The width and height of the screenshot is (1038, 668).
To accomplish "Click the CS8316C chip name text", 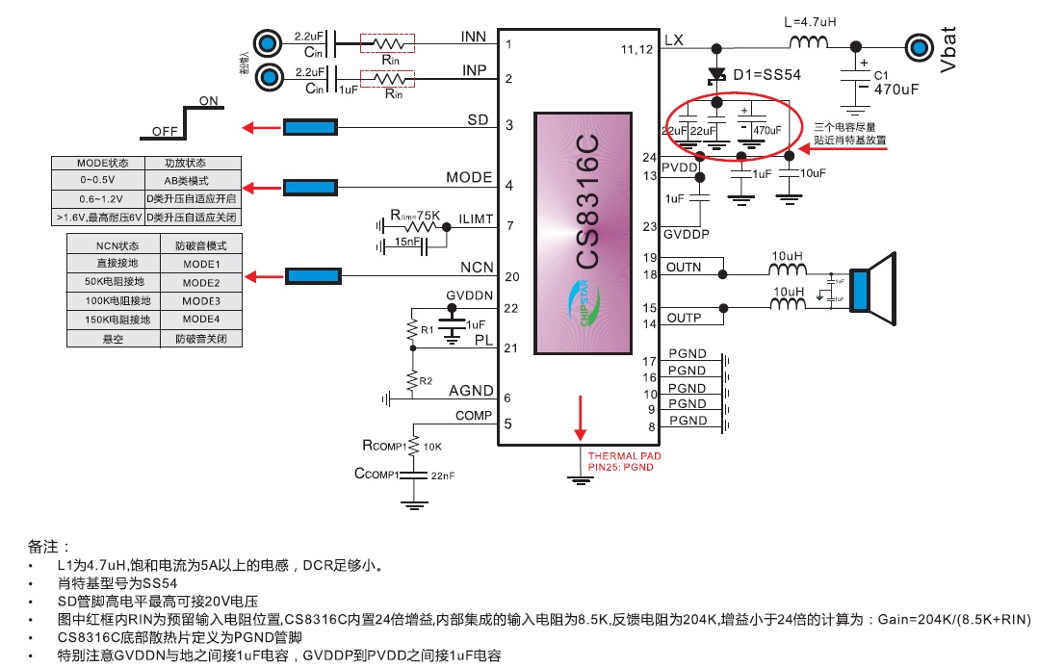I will point(585,201).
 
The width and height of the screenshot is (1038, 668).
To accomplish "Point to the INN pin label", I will point(474,37).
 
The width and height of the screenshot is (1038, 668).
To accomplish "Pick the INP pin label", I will point(474,70).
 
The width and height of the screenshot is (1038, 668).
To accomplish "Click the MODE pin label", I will point(469,178).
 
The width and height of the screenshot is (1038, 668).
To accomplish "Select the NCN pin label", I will point(476,269).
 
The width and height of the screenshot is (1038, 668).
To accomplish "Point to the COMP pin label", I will point(474,416).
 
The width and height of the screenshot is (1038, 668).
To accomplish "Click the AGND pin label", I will point(471,391).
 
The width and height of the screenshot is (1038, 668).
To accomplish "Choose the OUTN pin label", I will point(684,267).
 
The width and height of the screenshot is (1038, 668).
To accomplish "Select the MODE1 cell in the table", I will point(201,264).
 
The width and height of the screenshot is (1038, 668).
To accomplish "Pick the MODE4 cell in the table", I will point(201,319).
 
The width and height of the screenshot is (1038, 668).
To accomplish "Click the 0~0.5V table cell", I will point(96,181).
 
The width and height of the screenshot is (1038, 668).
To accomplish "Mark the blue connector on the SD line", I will point(310,127).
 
